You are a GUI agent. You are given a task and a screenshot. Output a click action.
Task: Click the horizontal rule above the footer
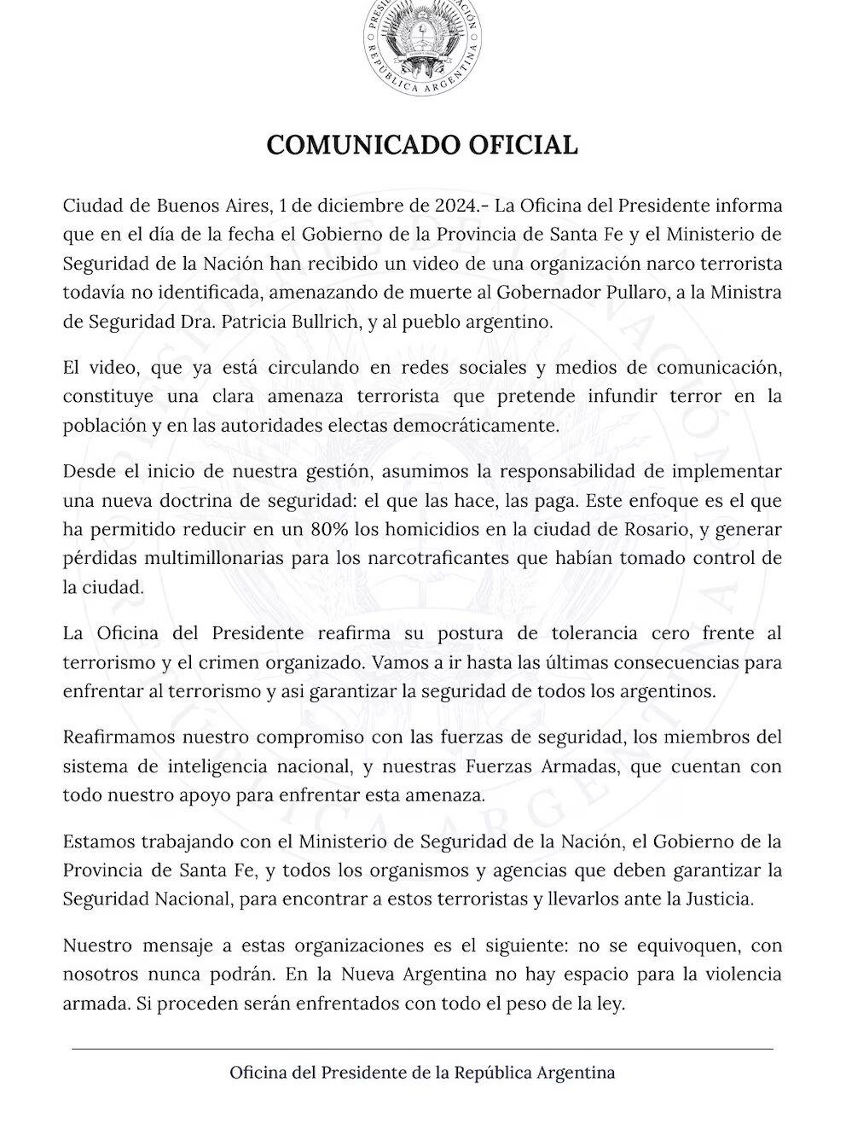click(422, 1048)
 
